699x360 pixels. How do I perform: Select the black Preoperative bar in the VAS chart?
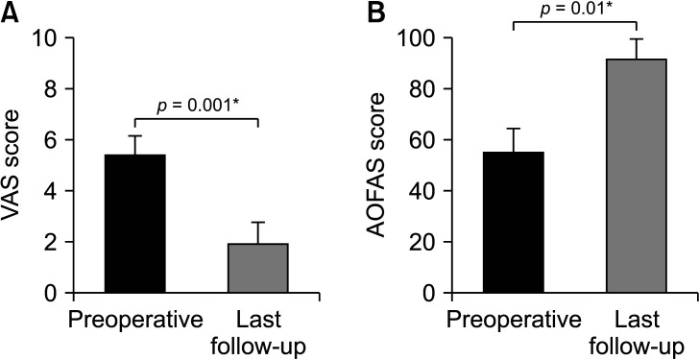pyautogui.click(x=135, y=224)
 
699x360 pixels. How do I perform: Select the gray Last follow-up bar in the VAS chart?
pyautogui.click(x=258, y=268)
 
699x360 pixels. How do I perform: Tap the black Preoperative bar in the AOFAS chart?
pyautogui.click(x=514, y=223)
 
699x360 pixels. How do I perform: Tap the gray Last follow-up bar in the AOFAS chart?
pyautogui.click(x=637, y=176)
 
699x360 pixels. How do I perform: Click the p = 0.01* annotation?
pyautogui.click(x=575, y=10)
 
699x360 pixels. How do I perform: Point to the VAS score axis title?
pyautogui.click(x=11, y=165)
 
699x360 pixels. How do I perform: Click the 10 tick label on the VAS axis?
pyautogui.click(x=48, y=38)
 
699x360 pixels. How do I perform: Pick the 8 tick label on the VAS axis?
pyautogui.click(x=56, y=89)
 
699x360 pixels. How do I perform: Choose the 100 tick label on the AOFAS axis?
pyautogui.click(x=421, y=38)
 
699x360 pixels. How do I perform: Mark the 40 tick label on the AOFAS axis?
pyautogui.click(x=427, y=191)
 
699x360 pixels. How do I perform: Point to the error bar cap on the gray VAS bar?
pyautogui.click(x=258, y=223)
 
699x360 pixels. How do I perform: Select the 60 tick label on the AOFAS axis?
pyautogui.click(x=427, y=140)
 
